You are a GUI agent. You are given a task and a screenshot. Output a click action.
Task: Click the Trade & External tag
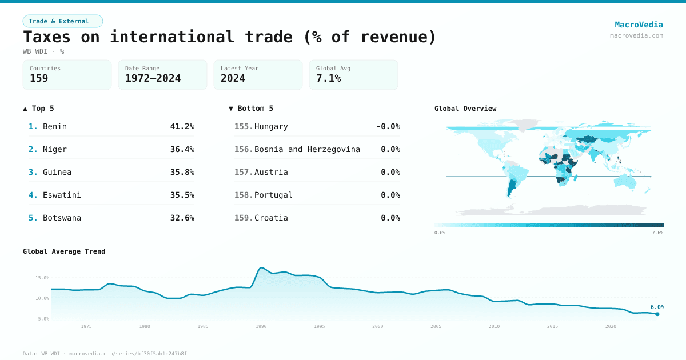(x=63, y=21)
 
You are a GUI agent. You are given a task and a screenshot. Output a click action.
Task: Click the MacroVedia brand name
(x=639, y=25)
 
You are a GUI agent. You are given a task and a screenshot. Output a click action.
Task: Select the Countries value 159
(x=39, y=78)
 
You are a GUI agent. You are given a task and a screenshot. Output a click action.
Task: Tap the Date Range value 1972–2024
(x=153, y=78)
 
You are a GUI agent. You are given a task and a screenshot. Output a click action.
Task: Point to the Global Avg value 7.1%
(x=328, y=78)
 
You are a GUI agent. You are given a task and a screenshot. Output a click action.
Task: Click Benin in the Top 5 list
(x=55, y=126)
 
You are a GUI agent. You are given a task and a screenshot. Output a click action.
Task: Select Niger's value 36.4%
(x=182, y=149)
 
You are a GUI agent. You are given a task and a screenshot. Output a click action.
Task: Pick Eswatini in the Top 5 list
(x=62, y=195)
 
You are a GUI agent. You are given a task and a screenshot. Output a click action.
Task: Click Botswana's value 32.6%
(x=182, y=218)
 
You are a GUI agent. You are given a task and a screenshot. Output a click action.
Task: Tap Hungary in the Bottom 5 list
(x=271, y=126)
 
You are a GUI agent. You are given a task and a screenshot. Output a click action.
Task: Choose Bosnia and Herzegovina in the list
(x=307, y=149)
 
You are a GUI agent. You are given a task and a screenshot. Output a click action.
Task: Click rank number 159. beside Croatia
(x=244, y=218)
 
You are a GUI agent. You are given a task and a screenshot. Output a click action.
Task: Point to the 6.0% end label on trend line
(x=657, y=307)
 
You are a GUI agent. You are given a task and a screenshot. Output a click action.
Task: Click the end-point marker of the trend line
(x=657, y=314)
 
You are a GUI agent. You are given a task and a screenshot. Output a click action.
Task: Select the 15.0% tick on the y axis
(x=42, y=278)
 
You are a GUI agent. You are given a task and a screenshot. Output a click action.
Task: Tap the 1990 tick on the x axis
(x=261, y=326)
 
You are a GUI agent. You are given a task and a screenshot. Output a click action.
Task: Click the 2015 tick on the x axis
(x=552, y=326)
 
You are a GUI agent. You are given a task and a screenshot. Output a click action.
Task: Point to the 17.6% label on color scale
(x=656, y=233)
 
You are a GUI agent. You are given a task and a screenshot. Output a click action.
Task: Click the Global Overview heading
(x=465, y=109)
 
